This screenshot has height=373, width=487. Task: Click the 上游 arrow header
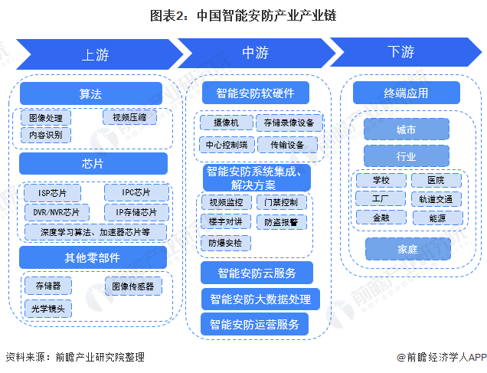tap(96, 54)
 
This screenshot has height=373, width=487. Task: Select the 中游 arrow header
tap(255, 53)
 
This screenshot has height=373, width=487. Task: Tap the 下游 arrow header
tap(401, 52)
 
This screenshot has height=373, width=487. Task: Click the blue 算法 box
tap(91, 93)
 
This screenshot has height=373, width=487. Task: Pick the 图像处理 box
tap(46, 118)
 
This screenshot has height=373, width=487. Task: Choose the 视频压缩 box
tap(129, 117)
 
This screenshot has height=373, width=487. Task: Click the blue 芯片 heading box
tap(93, 163)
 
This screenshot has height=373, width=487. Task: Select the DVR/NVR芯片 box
tap(57, 211)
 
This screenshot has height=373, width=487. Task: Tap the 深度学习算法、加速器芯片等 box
tap(95, 231)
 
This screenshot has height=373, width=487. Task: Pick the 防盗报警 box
tap(281, 222)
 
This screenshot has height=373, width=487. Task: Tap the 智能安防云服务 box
tap(256, 273)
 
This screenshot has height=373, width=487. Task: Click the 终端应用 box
tap(406, 93)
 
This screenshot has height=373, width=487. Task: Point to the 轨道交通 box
tap(436, 199)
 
